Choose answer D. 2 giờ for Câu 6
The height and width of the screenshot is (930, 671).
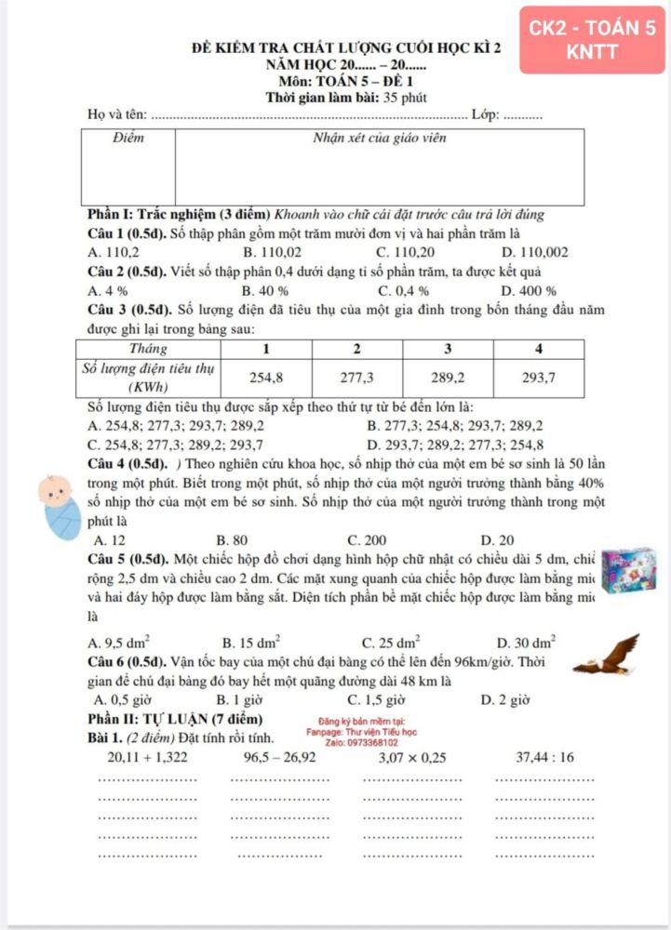tap(505, 699)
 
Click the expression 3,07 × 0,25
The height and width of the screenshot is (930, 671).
tap(410, 758)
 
